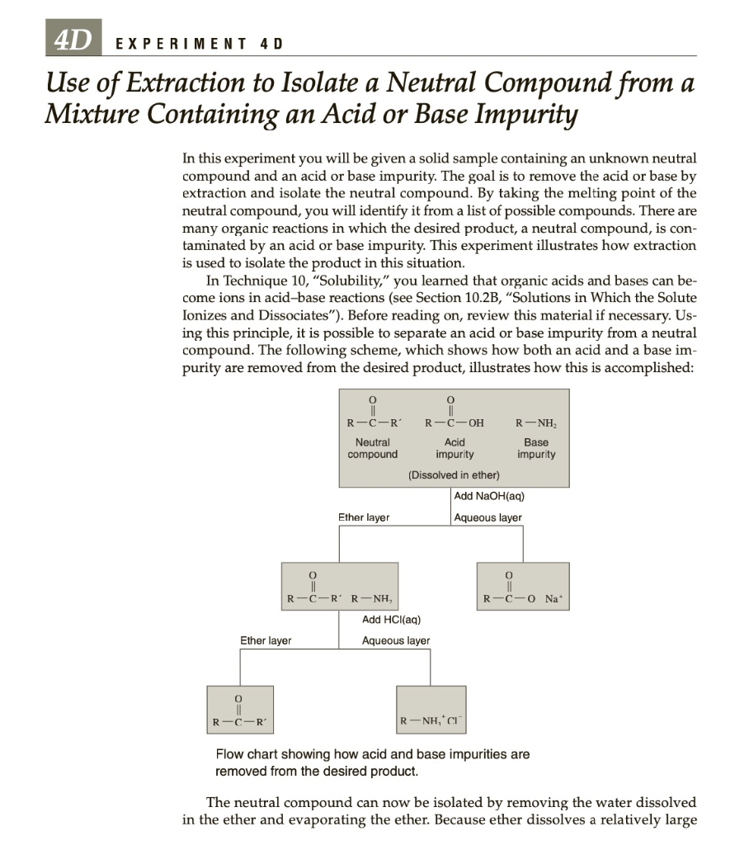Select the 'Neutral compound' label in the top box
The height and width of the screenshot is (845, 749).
pyautogui.click(x=372, y=449)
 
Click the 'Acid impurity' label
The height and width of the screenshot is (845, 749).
pyautogui.click(x=455, y=449)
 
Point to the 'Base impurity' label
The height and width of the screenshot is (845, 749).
pyautogui.click(x=535, y=449)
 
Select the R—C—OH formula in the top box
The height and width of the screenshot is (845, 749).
pyautogui.click(x=454, y=422)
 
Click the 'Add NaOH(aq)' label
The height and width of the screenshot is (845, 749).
pyautogui.click(x=489, y=496)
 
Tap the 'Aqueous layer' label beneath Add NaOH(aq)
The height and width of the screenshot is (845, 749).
pyautogui.click(x=488, y=517)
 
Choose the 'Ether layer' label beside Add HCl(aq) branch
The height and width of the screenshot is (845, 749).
pyautogui.click(x=265, y=640)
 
